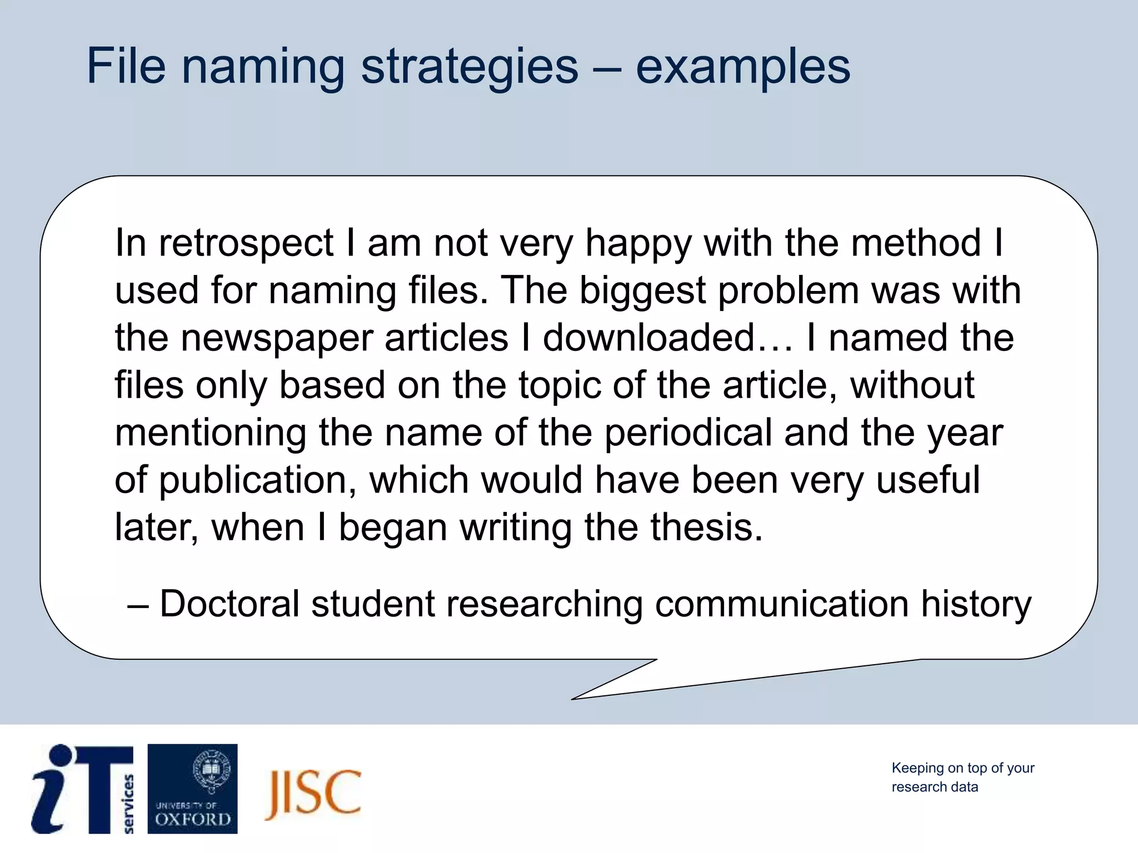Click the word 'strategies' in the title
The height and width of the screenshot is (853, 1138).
(x=470, y=67)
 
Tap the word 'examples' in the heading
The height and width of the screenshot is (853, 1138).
(x=742, y=67)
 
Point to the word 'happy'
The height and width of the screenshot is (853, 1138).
(x=638, y=244)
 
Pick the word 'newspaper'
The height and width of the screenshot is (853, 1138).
(x=277, y=338)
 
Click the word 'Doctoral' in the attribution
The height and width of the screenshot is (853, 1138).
(x=229, y=604)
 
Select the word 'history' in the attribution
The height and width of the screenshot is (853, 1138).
(x=976, y=605)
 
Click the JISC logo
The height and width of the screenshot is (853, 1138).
(x=313, y=794)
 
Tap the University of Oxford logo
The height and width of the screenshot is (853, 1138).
(x=192, y=789)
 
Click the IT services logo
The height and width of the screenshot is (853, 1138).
(x=82, y=789)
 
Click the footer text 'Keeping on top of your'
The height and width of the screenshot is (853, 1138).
(x=962, y=768)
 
